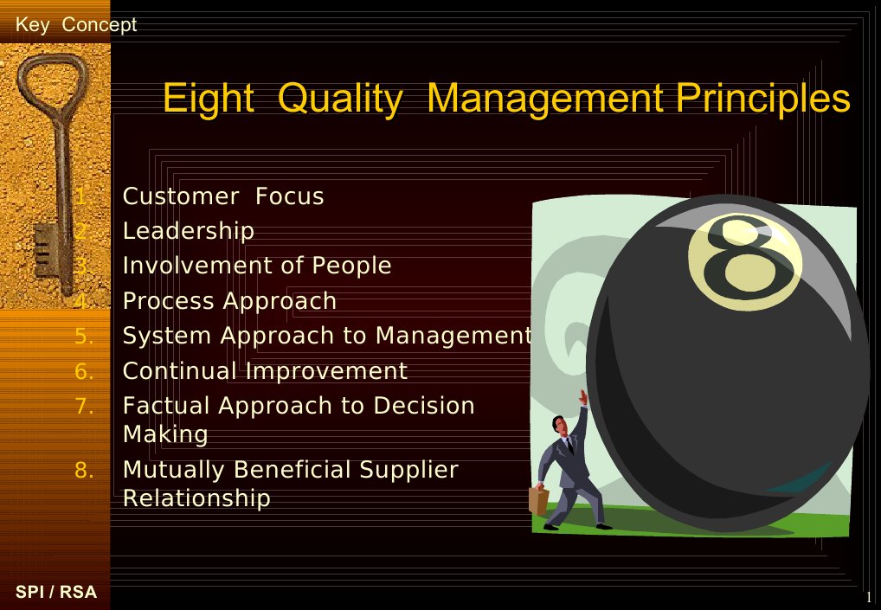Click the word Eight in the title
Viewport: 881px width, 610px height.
click(208, 100)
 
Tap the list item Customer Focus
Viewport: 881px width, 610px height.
click(222, 196)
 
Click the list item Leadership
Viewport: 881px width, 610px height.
click(188, 231)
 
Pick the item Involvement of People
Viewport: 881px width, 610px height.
click(256, 266)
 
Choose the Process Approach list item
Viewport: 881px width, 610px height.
click(229, 301)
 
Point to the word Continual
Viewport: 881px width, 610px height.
click(180, 371)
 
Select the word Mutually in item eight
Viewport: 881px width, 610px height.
click(174, 470)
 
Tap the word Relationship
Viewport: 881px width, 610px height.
click(196, 498)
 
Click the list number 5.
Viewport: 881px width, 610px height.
click(84, 336)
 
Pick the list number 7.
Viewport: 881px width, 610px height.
click(84, 406)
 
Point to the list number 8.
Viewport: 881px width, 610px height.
click(84, 470)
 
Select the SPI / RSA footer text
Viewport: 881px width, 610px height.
click(56, 593)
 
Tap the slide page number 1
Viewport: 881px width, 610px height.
click(868, 597)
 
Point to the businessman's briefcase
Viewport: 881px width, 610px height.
click(538, 501)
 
